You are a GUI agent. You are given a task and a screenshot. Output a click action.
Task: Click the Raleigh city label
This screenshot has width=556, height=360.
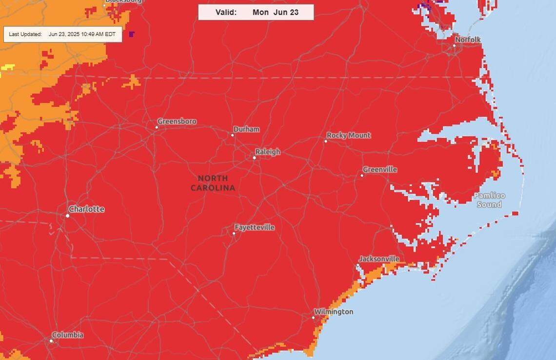[267, 152]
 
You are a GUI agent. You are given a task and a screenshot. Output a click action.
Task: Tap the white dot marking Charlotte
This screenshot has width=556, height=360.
[68, 216]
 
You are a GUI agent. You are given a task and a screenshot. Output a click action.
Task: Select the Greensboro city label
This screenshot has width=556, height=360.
[177, 121]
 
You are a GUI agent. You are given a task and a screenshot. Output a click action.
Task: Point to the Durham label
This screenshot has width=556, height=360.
[246, 129]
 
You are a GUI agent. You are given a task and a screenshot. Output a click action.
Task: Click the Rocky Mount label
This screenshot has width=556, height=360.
[348, 135]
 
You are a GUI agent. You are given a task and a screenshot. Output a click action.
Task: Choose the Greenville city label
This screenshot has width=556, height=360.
[379, 169]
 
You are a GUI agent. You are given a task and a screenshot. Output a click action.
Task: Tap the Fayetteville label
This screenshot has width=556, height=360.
[254, 227]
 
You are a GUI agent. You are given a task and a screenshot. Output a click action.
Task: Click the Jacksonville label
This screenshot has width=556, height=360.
[378, 259]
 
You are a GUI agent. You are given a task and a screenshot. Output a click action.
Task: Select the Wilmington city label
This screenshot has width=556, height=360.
[333, 312]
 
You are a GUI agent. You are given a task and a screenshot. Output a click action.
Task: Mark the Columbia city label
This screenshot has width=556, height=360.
[67, 335]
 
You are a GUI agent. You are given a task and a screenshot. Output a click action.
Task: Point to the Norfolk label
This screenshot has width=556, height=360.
[467, 40]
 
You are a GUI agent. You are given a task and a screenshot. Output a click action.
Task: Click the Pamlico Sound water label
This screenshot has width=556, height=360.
[489, 200]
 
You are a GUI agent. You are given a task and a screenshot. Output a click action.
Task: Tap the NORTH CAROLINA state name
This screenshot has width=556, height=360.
[213, 183]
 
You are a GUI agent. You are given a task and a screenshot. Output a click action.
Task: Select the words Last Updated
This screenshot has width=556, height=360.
[25, 34]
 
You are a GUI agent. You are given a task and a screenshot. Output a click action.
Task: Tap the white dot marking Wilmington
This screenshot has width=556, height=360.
[314, 318]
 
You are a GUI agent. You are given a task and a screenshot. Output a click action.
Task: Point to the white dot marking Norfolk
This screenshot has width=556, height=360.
[454, 45]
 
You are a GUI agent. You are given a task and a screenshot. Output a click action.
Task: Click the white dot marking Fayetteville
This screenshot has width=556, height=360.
[234, 233]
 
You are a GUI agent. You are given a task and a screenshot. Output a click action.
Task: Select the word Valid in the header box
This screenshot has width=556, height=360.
[226, 12]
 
